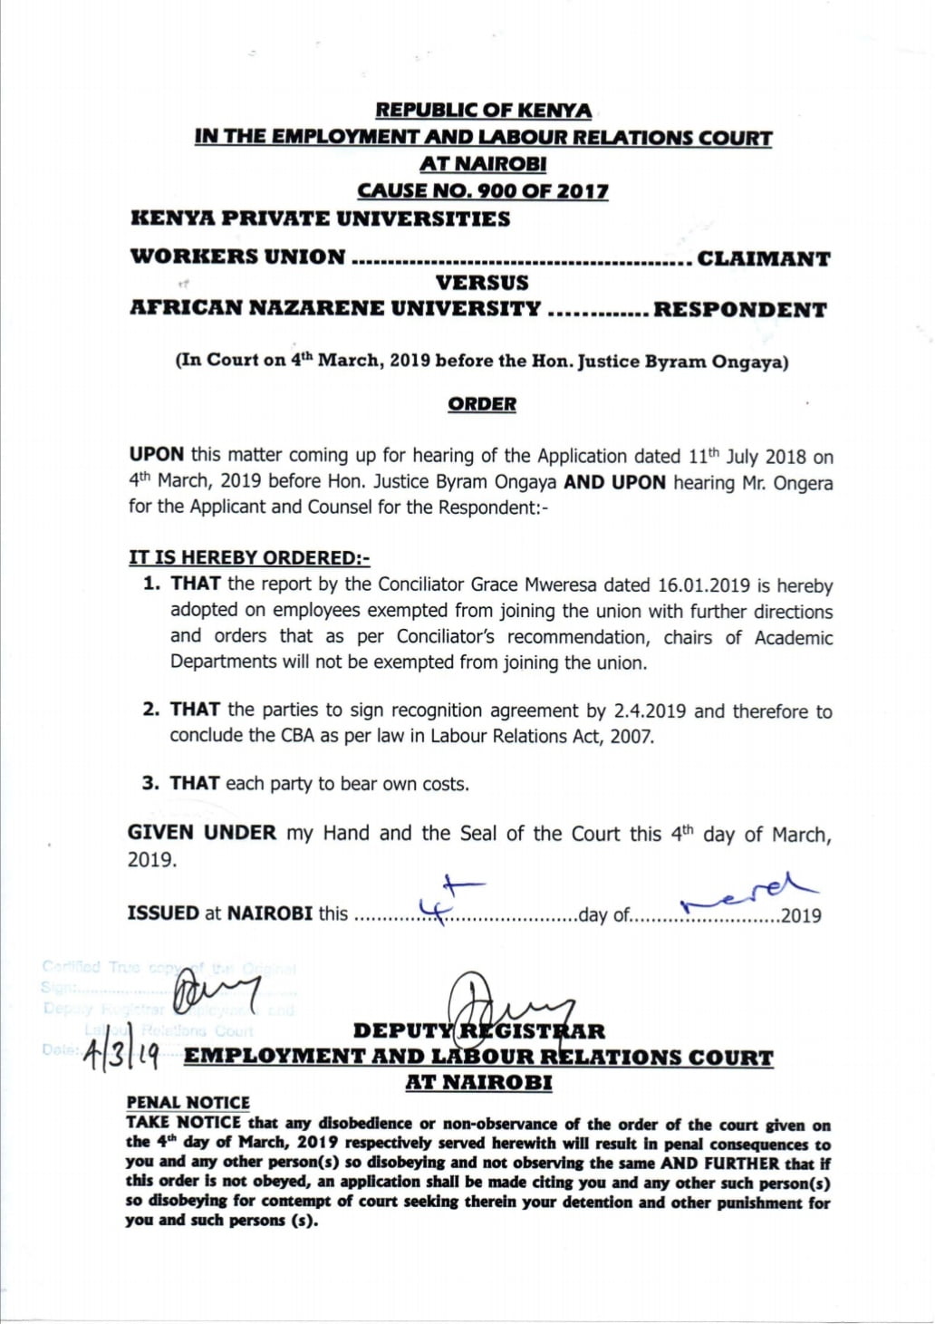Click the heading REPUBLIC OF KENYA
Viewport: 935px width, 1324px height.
pyautogui.click(x=483, y=111)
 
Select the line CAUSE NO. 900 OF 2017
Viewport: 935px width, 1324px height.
pyautogui.click(x=482, y=191)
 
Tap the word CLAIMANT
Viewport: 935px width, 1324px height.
pyautogui.click(x=763, y=258)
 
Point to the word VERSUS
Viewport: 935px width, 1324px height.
pyautogui.click(x=482, y=283)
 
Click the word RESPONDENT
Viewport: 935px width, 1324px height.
pyautogui.click(x=739, y=310)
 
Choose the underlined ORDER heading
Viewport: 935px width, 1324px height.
pyautogui.click(x=482, y=404)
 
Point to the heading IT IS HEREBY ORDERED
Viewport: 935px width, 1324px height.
pyautogui.click(x=249, y=558)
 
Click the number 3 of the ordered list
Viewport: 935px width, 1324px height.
pyautogui.click(x=150, y=783)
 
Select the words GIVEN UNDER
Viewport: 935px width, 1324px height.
pyautogui.click(x=201, y=833)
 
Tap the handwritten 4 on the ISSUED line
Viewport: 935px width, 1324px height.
pyautogui.click(x=443, y=901)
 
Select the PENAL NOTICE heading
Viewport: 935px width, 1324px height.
pyautogui.click(x=188, y=1103)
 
